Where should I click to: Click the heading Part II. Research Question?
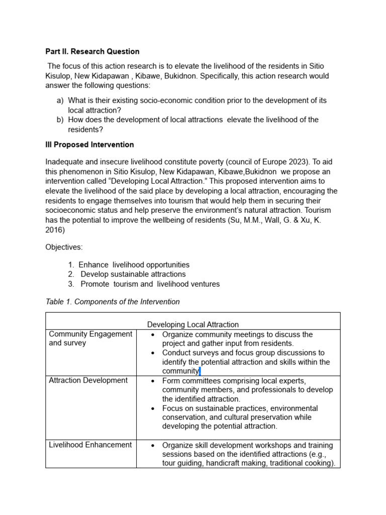click(x=92, y=51)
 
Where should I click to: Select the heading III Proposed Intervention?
click(x=89, y=145)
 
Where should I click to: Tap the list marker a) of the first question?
click(x=60, y=101)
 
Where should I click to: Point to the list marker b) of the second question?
click(x=60, y=120)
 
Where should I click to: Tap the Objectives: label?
click(x=64, y=247)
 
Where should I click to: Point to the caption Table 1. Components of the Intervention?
click(x=113, y=302)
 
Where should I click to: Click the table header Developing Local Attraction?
click(x=192, y=324)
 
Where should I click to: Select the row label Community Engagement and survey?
click(x=90, y=338)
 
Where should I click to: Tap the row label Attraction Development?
click(x=88, y=380)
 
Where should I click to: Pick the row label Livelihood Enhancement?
click(x=90, y=445)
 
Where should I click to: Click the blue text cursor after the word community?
click(x=200, y=371)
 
